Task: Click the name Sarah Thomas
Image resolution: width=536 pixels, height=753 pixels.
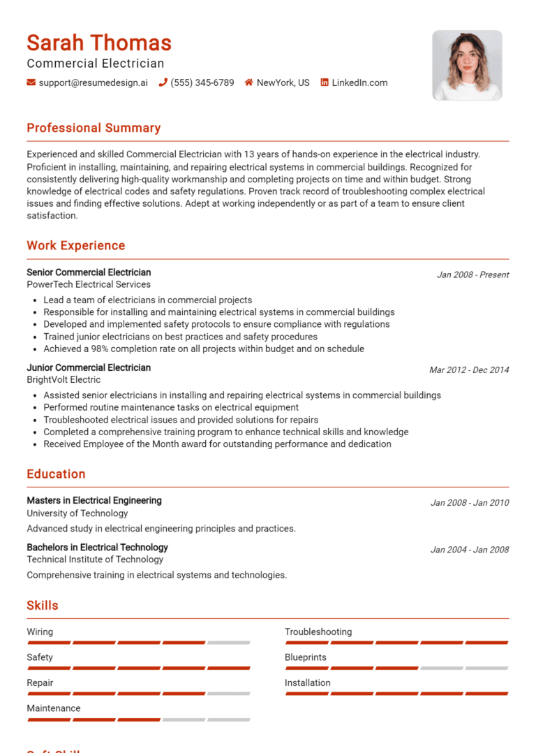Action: [x=99, y=43]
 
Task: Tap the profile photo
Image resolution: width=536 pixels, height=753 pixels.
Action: [x=467, y=65]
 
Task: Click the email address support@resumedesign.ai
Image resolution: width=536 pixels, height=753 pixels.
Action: [x=93, y=82]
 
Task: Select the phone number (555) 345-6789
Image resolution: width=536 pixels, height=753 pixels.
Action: [x=202, y=82]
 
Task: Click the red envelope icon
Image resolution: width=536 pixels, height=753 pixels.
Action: [x=31, y=82]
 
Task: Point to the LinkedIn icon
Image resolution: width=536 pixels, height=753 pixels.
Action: [x=325, y=82]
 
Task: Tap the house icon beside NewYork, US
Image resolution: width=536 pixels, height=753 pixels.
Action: [x=248, y=82]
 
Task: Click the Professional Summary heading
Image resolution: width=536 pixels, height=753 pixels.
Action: [x=94, y=128]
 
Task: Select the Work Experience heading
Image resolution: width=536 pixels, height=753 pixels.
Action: [x=76, y=245]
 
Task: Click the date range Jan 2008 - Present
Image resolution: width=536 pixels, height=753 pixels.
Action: [x=472, y=275]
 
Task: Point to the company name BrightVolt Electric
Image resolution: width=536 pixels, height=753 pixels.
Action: [x=64, y=380]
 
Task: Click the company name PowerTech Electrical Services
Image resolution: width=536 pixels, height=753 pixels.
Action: [x=89, y=284]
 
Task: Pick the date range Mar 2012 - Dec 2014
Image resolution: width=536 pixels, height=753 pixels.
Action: [x=469, y=370]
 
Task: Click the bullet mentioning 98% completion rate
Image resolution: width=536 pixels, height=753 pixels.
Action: [x=204, y=349]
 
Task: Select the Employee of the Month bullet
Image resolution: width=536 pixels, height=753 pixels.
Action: [x=217, y=444]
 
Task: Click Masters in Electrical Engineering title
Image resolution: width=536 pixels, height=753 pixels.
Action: [x=94, y=500]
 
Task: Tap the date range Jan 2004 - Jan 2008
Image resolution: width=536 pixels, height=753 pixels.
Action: [x=470, y=550]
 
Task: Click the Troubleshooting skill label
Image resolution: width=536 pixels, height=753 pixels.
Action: [x=318, y=631]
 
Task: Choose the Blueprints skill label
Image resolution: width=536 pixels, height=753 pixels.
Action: [x=306, y=657]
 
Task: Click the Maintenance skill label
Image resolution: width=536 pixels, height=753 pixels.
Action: [x=54, y=708]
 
